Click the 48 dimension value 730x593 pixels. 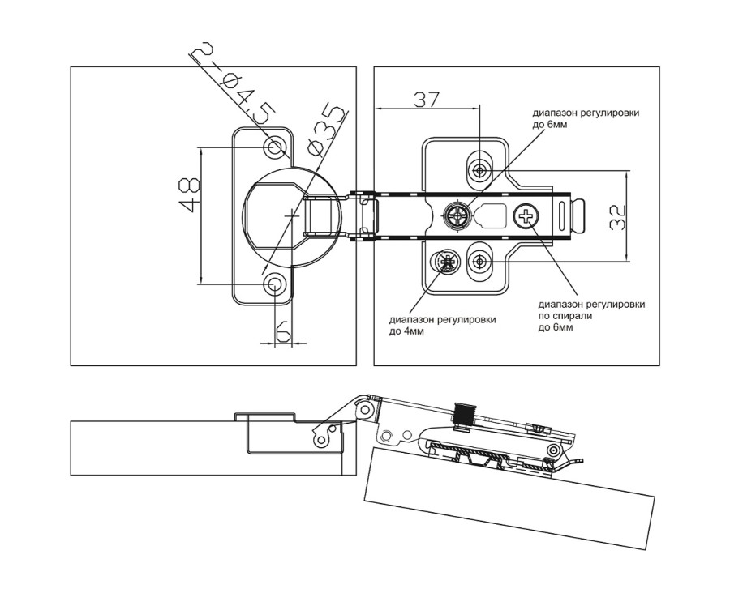tap(190, 194)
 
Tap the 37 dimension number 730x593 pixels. tap(427, 99)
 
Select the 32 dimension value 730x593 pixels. tap(617, 217)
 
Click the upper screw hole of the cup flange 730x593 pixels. tap(275, 147)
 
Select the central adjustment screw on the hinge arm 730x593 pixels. tap(456, 215)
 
